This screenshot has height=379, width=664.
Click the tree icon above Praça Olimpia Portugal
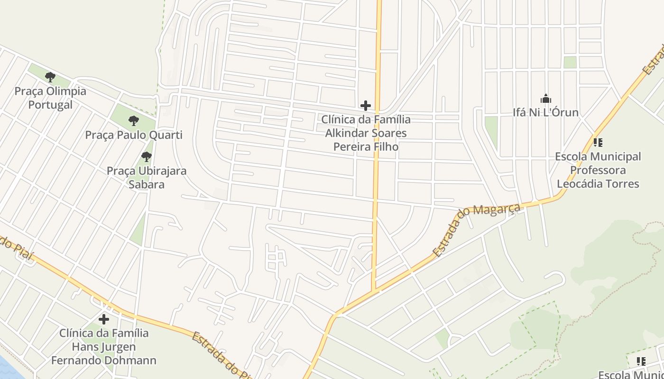50,77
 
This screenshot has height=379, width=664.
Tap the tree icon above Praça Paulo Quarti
134,121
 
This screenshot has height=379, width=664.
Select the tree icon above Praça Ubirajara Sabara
147,156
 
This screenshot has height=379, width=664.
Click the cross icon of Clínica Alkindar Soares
365,105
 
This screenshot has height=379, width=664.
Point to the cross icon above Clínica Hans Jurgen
104,319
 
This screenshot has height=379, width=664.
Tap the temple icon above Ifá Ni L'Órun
546,99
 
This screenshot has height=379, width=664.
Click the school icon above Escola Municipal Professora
598,142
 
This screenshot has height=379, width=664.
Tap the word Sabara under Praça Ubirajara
147,184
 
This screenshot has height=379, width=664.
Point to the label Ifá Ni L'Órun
546,113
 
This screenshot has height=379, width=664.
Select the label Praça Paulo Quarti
134,135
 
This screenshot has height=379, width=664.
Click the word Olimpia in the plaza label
64,91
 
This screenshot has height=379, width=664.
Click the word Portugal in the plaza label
50,105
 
